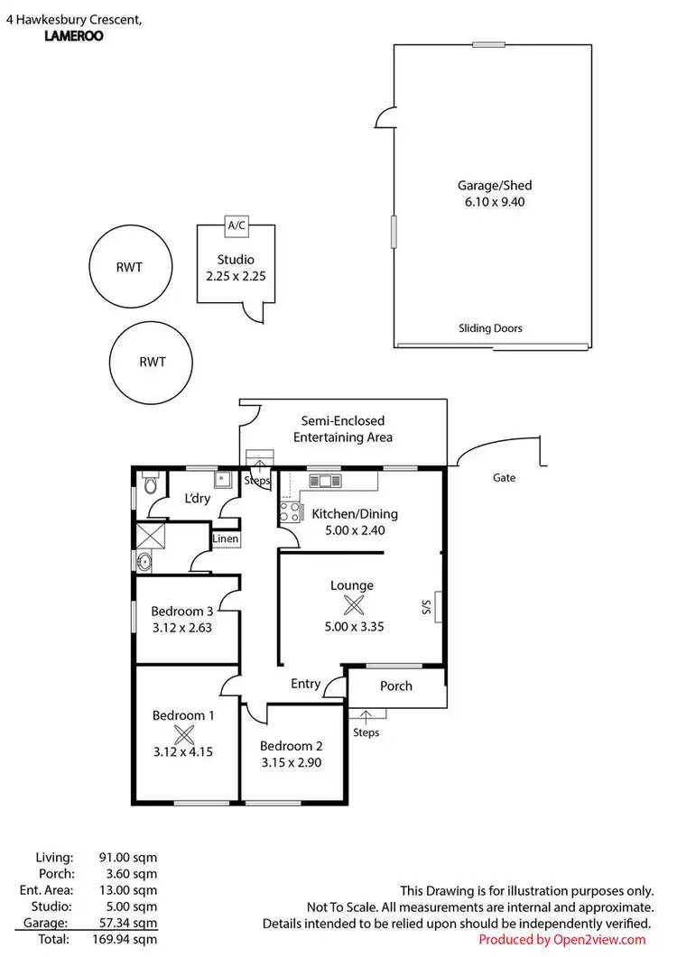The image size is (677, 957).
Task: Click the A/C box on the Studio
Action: tap(236, 225)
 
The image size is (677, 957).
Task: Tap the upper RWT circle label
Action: tap(130, 267)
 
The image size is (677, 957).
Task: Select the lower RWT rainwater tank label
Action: tap(153, 363)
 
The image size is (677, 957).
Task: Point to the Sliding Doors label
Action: tap(490, 328)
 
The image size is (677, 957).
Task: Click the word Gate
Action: tap(505, 477)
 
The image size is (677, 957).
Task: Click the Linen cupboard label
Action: tap(226, 539)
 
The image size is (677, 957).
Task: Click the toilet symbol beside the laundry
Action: tap(151, 486)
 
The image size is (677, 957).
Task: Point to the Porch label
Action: tap(395, 686)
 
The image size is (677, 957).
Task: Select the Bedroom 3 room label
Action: tap(182, 612)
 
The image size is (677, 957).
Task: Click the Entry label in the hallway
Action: tap(305, 684)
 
